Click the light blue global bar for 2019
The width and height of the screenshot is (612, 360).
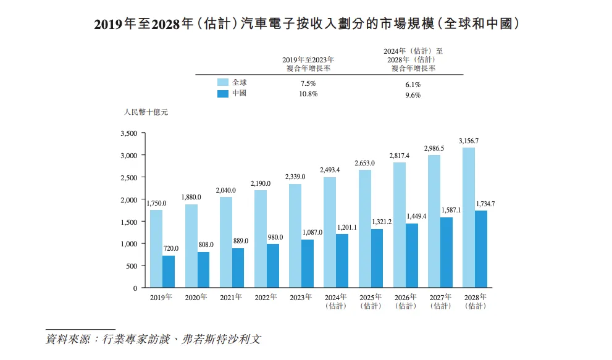156,249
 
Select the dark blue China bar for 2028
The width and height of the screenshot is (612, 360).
481,249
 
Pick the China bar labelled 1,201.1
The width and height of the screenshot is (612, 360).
342,261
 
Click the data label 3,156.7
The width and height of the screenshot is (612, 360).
469,141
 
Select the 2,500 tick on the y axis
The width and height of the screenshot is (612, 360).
128,178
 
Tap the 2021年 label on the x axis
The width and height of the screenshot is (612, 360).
230,298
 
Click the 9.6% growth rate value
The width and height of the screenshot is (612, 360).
413,95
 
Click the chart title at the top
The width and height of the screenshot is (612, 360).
306,24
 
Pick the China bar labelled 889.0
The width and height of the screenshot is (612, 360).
238,268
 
